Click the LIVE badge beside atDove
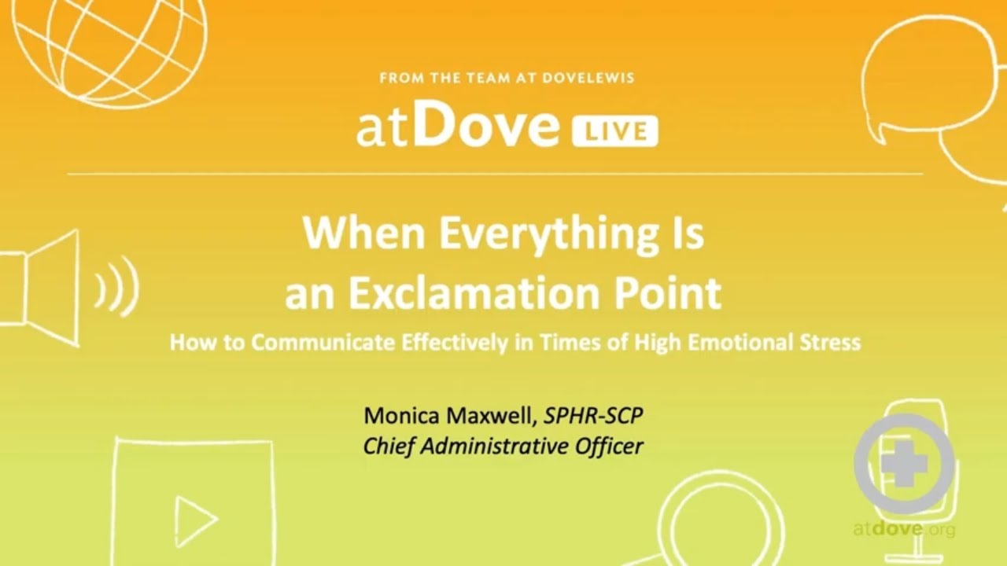(x=614, y=130)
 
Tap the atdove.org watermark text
(x=904, y=529)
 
